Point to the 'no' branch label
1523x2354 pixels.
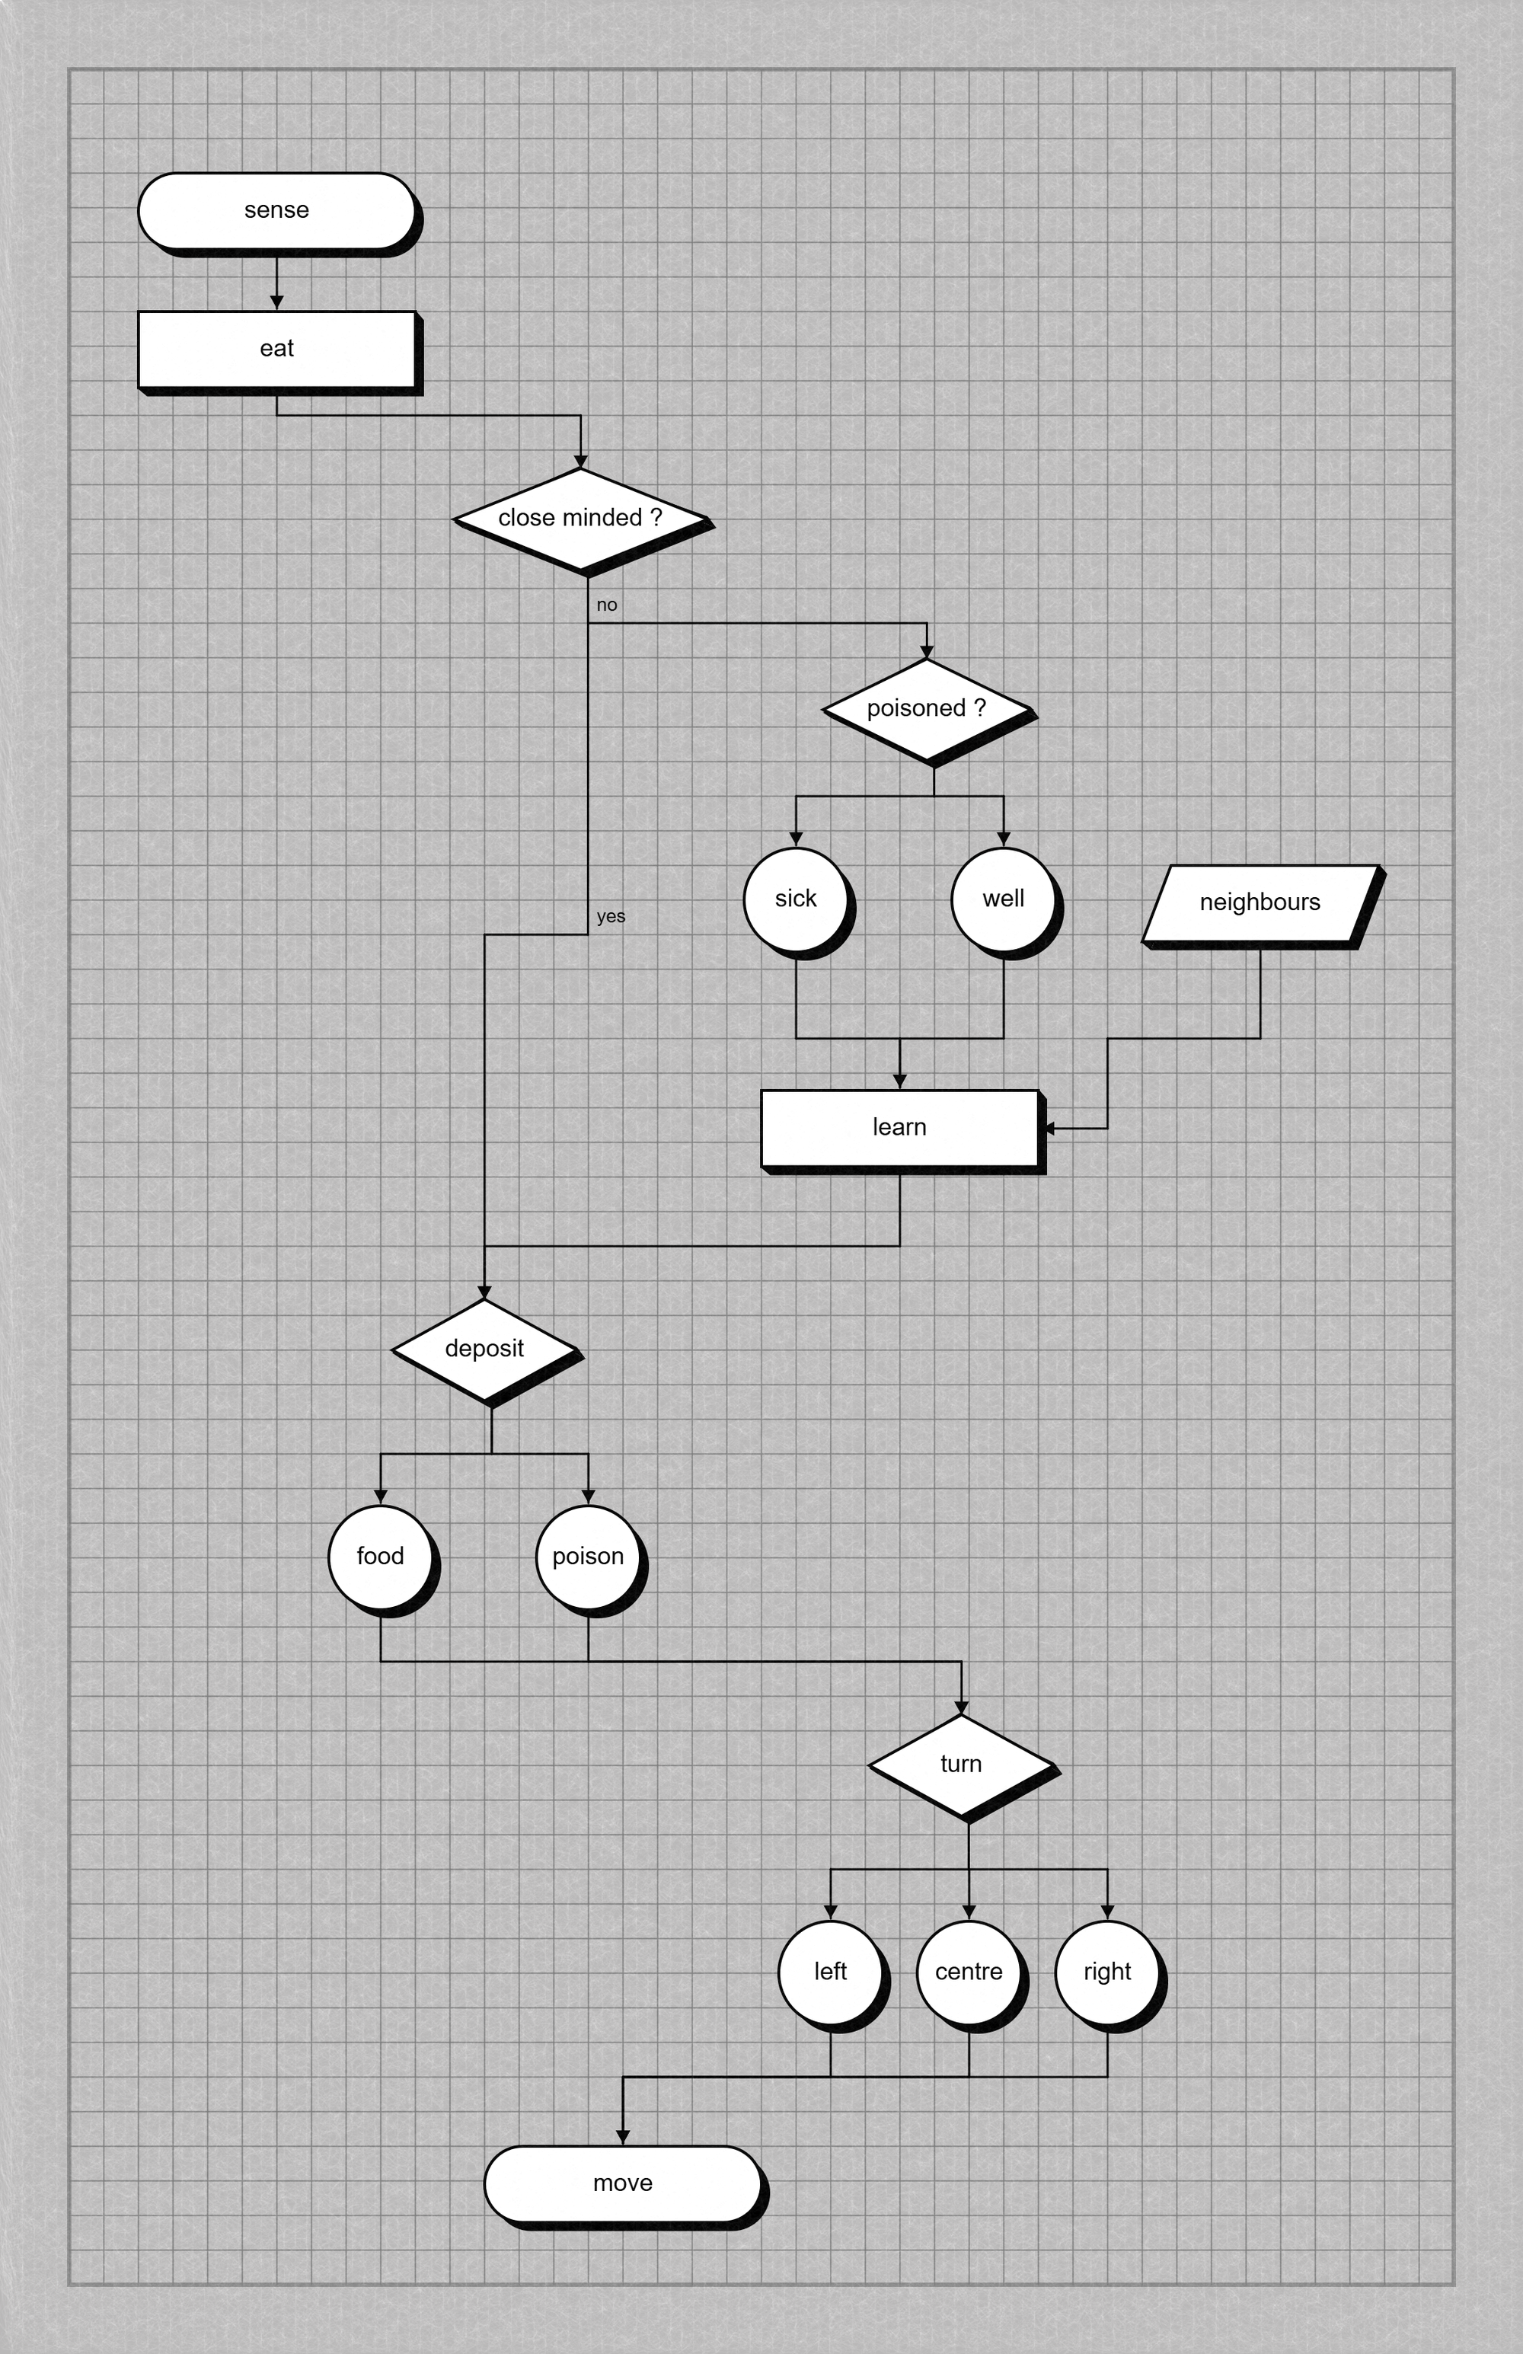[606, 605]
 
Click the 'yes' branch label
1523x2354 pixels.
[610, 916]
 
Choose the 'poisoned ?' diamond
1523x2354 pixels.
[926, 708]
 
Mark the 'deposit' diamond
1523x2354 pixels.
[484, 1348]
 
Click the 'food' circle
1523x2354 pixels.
[380, 1556]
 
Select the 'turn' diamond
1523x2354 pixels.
[960, 1764]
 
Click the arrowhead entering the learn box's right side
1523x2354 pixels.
[1049, 1128]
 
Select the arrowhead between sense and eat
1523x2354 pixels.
[277, 302]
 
